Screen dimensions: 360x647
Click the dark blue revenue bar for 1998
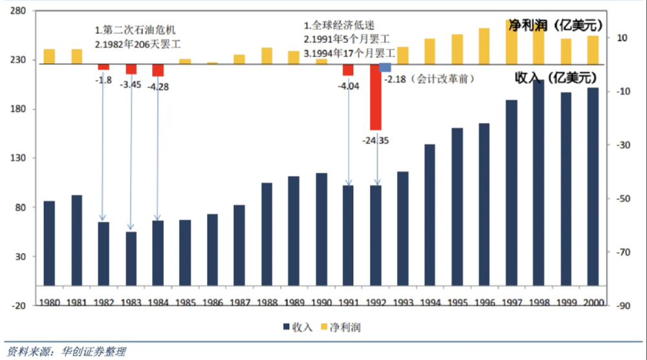tap(538, 185)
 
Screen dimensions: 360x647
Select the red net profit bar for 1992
tap(376, 97)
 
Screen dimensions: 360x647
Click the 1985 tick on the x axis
tap(185, 302)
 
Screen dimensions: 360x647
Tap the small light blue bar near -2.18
tap(386, 68)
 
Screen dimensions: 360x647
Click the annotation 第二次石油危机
tap(135, 30)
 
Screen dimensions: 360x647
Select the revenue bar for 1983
tap(131, 258)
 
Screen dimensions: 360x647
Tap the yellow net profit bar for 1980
tap(49, 56)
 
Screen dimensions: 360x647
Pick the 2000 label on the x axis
tap(593, 302)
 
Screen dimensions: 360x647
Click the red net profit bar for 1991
tap(348, 70)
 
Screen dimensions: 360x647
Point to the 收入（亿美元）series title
tap(553, 77)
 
